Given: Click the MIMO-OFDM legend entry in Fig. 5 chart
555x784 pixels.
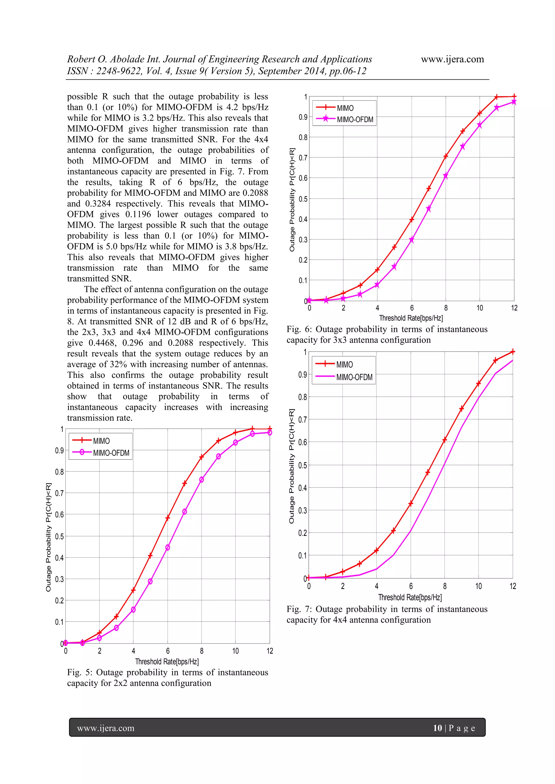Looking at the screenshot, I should point(111,453).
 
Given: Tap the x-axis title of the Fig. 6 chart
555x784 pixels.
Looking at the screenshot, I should point(411,318).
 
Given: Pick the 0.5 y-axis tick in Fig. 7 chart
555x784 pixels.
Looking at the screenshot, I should point(302,465).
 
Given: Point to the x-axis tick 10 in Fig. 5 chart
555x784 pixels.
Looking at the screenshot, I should point(235,651).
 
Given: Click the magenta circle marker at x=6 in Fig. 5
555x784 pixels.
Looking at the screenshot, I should point(167,547).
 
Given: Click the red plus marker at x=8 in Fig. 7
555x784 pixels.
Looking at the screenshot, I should point(445,440).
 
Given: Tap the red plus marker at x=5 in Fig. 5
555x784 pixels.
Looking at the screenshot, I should point(150,555).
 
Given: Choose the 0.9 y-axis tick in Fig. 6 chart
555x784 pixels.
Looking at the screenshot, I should point(303,117).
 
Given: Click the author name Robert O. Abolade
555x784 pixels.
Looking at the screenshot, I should point(106,59).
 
